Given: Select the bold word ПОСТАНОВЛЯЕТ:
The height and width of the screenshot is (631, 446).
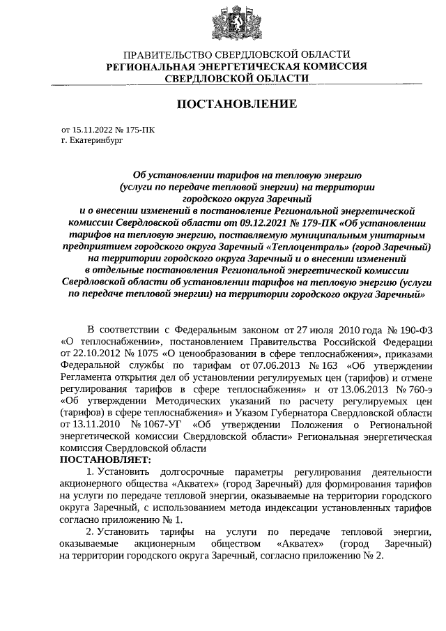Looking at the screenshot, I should (105, 459).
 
